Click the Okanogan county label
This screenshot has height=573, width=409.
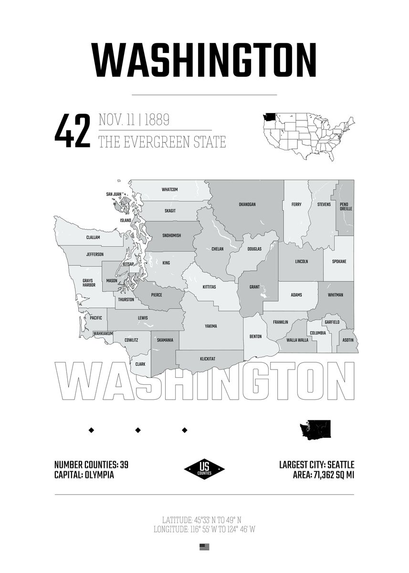click(247, 204)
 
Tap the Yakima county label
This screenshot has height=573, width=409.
click(210, 326)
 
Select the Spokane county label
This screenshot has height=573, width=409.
click(339, 262)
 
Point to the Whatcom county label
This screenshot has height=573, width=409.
click(169, 190)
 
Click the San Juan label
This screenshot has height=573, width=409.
click(114, 194)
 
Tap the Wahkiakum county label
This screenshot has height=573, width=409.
click(103, 333)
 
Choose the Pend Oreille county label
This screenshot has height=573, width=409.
click(344, 207)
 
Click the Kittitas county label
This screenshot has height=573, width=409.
click(209, 287)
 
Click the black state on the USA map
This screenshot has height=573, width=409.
click(268, 117)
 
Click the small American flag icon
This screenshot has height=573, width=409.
click(204, 547)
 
